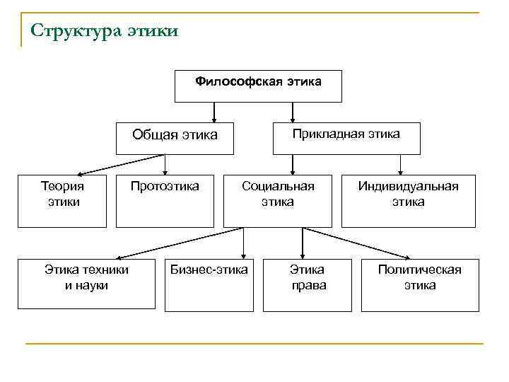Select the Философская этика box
258,86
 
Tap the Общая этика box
175,137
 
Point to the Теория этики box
62,201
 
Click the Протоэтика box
165,201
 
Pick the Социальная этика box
278,201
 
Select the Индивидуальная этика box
408,201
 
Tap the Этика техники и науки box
86,284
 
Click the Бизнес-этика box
209,284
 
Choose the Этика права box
308,284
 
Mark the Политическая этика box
419,284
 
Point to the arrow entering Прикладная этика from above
293,112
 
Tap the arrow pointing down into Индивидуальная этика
401,164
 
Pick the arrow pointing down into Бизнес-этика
243,244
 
